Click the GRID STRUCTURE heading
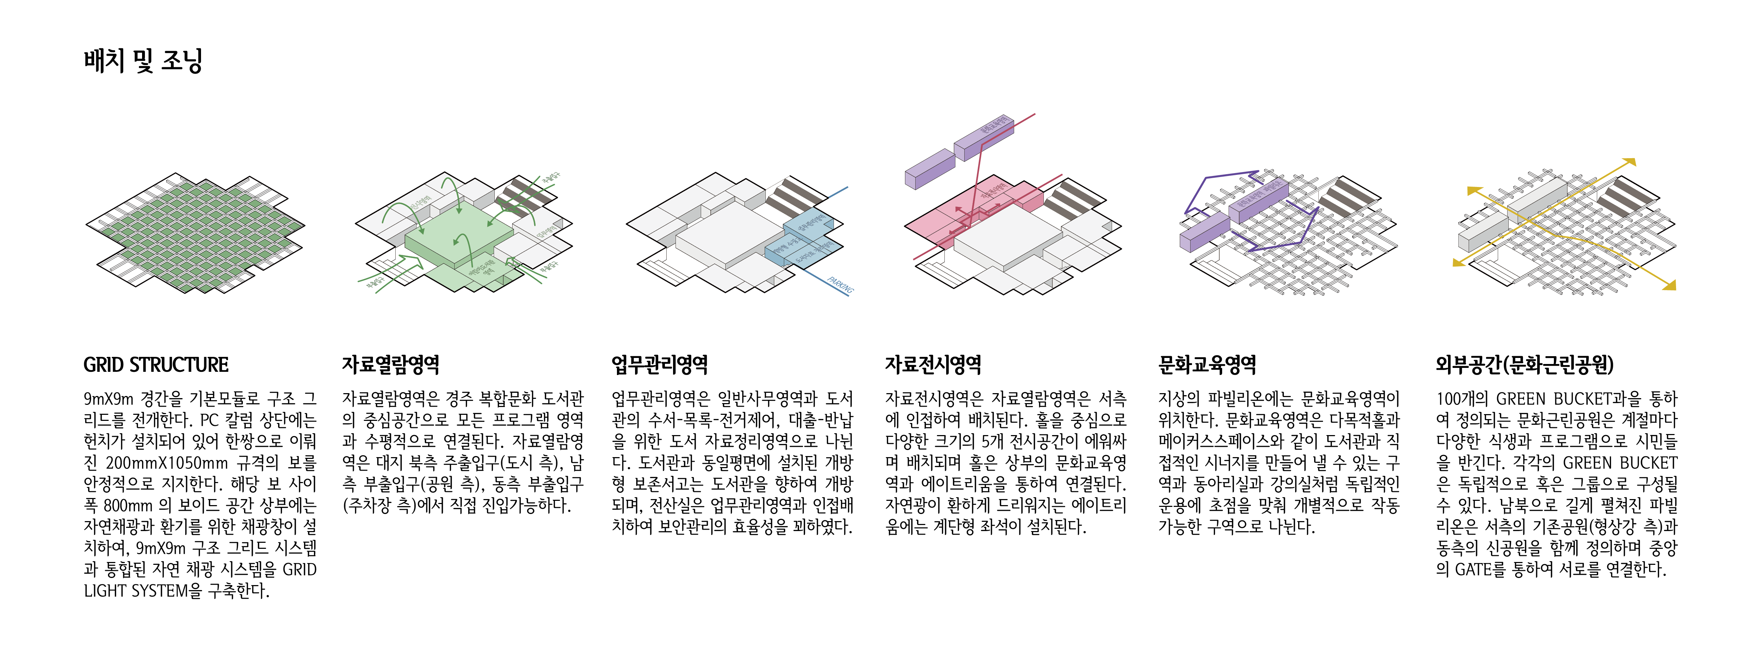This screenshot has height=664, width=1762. (156, 365)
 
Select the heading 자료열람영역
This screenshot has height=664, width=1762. (391, 365)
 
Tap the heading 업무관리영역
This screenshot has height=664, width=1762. (660, 365)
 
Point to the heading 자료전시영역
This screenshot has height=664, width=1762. (933, 365)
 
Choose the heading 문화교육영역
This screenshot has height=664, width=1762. (1207, 365)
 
